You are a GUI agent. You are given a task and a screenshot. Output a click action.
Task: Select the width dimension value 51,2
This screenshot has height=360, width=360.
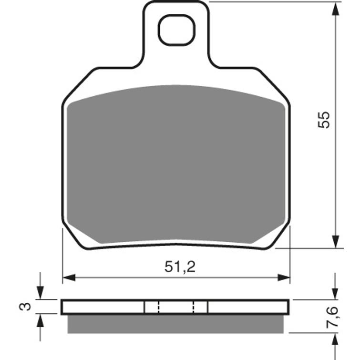(180, 267)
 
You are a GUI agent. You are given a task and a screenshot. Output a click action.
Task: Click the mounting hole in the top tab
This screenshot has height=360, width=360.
(176, 30)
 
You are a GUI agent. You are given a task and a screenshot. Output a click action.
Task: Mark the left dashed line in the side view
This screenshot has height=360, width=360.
(158, 307)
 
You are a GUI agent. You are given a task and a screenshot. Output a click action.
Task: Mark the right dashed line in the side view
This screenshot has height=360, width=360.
(194, 307)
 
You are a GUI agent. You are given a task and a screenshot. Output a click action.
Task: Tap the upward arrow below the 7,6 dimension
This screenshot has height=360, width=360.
(337, 339)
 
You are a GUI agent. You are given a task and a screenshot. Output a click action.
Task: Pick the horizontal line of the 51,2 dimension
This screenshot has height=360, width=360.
(119, 277)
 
